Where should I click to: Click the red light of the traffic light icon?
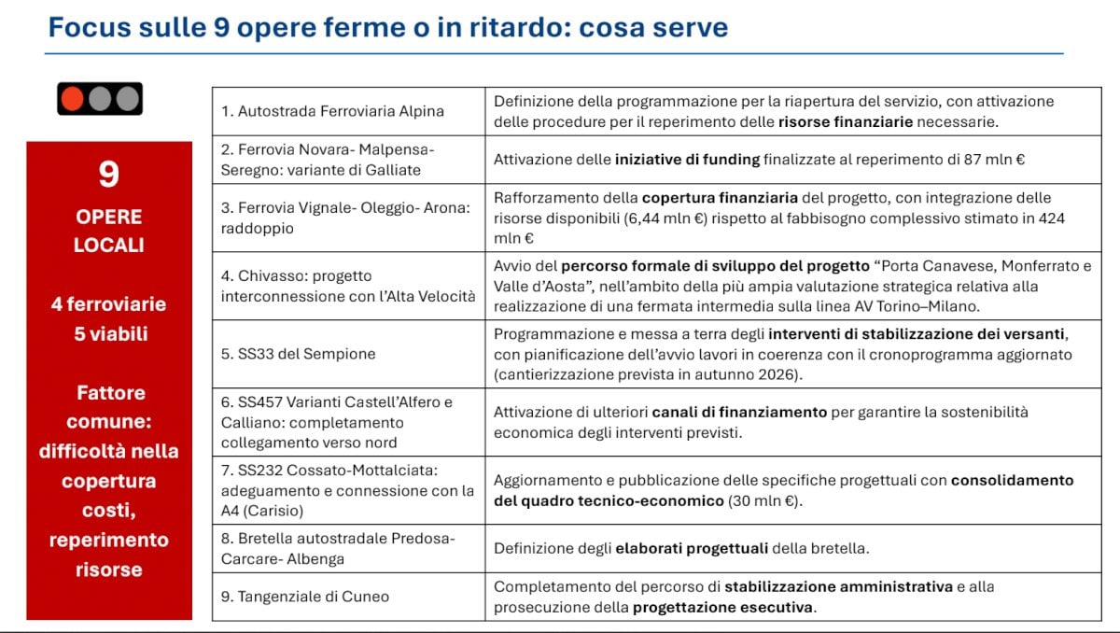pos(71,98)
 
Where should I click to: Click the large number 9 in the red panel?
pos(109,174)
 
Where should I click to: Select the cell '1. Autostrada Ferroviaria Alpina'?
pos(332,111)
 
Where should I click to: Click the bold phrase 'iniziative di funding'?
pos(687,160)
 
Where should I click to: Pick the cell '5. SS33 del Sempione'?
pos(299,354)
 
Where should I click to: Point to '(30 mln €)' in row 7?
pos(763,500)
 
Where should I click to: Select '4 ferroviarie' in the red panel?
pos(109,304)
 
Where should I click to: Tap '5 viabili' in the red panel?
pos(109,333)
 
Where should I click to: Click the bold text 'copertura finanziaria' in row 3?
pos(719,198)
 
